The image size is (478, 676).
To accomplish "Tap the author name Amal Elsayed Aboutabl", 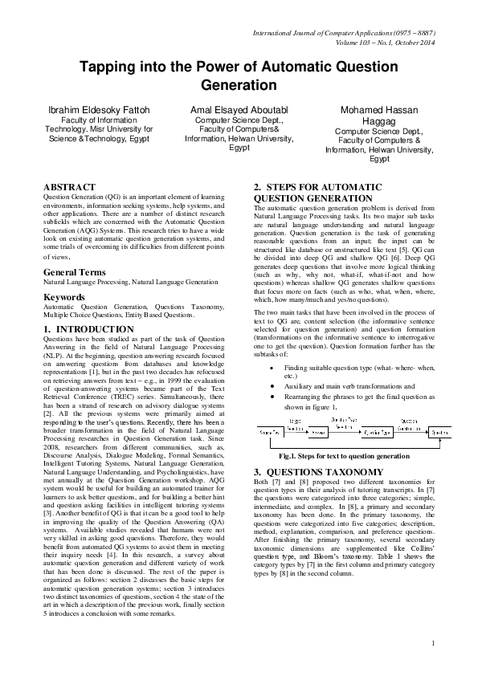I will click(239, 108).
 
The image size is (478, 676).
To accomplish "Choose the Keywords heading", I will click(65, 296).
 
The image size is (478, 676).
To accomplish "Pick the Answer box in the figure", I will click(317, 433).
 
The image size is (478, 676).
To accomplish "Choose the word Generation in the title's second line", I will click(239, 85).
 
